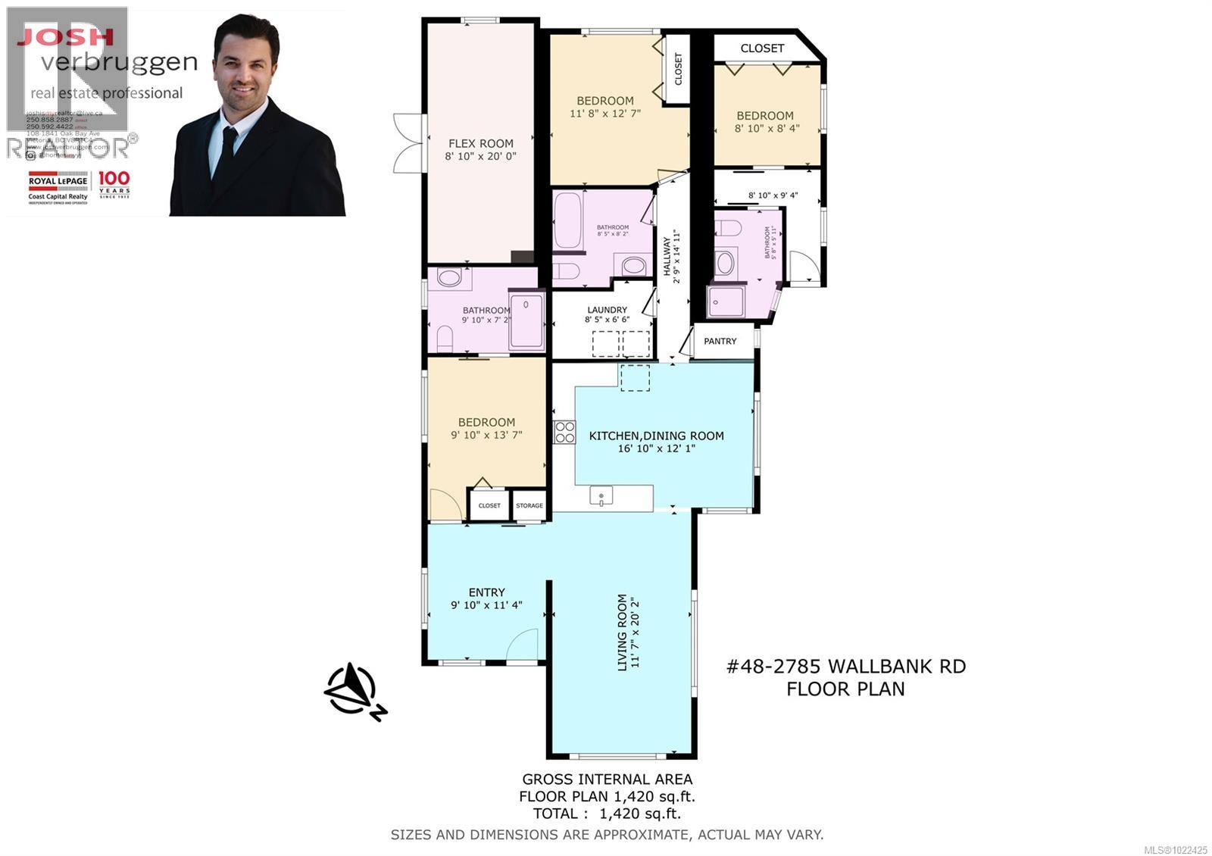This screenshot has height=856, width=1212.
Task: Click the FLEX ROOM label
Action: (480, 143)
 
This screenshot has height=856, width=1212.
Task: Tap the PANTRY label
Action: (720, 342)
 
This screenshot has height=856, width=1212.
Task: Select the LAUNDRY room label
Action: (607, 310)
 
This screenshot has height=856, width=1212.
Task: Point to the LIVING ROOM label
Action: (623, 631)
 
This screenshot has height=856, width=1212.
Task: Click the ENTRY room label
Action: (486, 592)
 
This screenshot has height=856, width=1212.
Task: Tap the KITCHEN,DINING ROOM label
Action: (656, 436)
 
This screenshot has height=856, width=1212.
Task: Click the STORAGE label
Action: (529, 505)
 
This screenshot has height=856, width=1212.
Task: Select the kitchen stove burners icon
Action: (564, 432)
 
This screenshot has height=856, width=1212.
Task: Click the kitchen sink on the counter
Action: (601, 495)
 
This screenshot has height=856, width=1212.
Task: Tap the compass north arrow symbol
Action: (352, 690)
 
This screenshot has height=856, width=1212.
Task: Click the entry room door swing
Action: (523, 645)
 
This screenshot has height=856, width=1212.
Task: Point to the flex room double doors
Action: (406, 142)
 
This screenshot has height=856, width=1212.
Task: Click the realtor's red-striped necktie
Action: (229, 152)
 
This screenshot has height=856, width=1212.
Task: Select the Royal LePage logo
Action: (58, 186)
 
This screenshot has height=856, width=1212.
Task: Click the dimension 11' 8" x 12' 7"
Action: (604, 114)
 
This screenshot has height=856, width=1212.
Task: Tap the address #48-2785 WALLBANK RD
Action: (846, 667)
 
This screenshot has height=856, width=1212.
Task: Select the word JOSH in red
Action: (65, 36)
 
